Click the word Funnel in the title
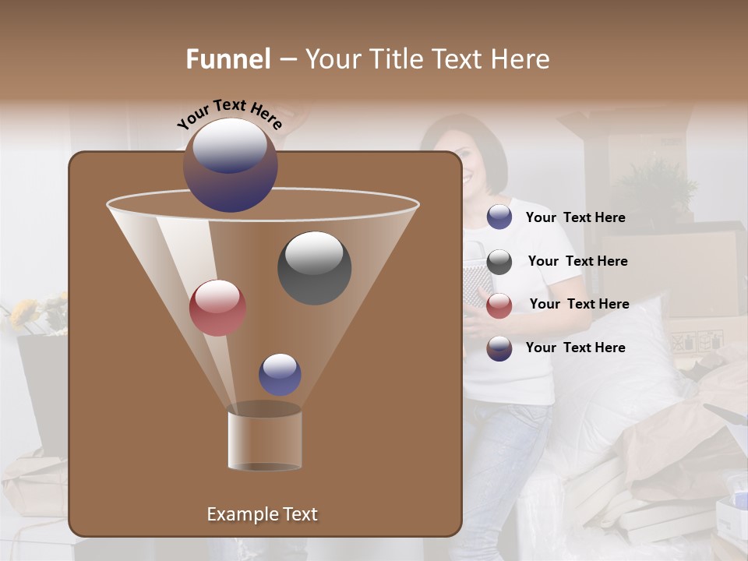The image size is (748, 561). coord(228,59)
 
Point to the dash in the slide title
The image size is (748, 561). coord(287,60)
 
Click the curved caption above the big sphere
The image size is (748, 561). coord(229,114)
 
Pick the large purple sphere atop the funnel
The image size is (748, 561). coord(231,165)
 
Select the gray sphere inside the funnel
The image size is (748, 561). coord(314,267)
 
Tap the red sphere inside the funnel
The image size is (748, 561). coord(217,307)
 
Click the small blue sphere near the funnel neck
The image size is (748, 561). coord(280,375)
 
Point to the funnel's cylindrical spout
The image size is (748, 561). coord(264,440)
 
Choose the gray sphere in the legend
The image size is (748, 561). coord(499,262)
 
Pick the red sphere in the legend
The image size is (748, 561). coord(499,305)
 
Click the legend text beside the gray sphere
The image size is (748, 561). coord(577,262)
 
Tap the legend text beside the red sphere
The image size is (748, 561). coord(579,305)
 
